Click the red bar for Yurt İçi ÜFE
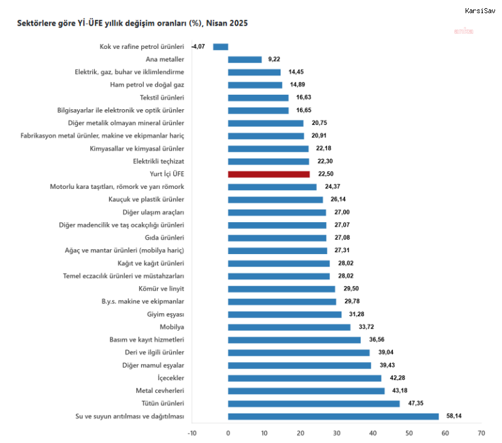tap(269, 174)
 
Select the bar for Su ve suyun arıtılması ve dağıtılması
tap(333, 416)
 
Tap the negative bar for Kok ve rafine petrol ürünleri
tap(220, 46)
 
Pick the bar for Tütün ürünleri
tap(314, 403)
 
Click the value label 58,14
tap(453, 416)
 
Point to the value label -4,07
tap(199, 46)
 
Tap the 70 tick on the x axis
tap(481, 432)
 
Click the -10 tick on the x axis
tap(192, 432)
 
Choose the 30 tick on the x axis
tap(336, 432)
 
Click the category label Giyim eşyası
tap(165, 314)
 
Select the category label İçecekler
tap(168, 378)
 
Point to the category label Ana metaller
tap(164, 60)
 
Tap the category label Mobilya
tap(172, 327)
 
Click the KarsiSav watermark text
tap(480, 10)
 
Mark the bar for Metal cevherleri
tap(306, 390)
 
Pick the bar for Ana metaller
tap(245, 60)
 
